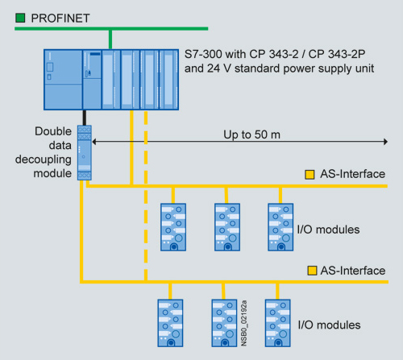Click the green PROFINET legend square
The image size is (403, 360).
tap(20, 18)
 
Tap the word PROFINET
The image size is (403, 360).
tap(60, 19)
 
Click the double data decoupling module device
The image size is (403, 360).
tap(85, 152)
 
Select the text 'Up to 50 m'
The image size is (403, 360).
tap(251, 134)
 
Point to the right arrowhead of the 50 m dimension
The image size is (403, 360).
tap(385, 142)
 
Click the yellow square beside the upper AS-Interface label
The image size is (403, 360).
tap(310, 175)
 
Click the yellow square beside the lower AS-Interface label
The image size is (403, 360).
tap(312, 271)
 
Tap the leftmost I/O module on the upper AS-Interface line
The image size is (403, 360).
tap(173, 227)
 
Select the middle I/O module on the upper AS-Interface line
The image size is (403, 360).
tap(227, 227)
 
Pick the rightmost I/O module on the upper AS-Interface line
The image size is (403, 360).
tap(280, 227)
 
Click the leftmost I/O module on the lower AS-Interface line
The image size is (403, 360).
tap(170, 323)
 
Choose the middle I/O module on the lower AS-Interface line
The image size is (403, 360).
tap(224, 323)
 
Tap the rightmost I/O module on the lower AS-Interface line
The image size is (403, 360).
tap(278, 323)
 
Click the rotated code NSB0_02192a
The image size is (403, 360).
tap(244, 323)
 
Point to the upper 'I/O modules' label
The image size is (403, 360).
tap(328, 230)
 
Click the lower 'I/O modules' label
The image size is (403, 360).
tap(329, 325)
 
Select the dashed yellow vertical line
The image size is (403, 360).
tap(146, 197)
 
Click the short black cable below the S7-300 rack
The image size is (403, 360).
tap(85, 118)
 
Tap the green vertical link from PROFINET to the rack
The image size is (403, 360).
tap(110, 39)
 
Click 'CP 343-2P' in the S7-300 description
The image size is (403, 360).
tap(337, 54)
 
